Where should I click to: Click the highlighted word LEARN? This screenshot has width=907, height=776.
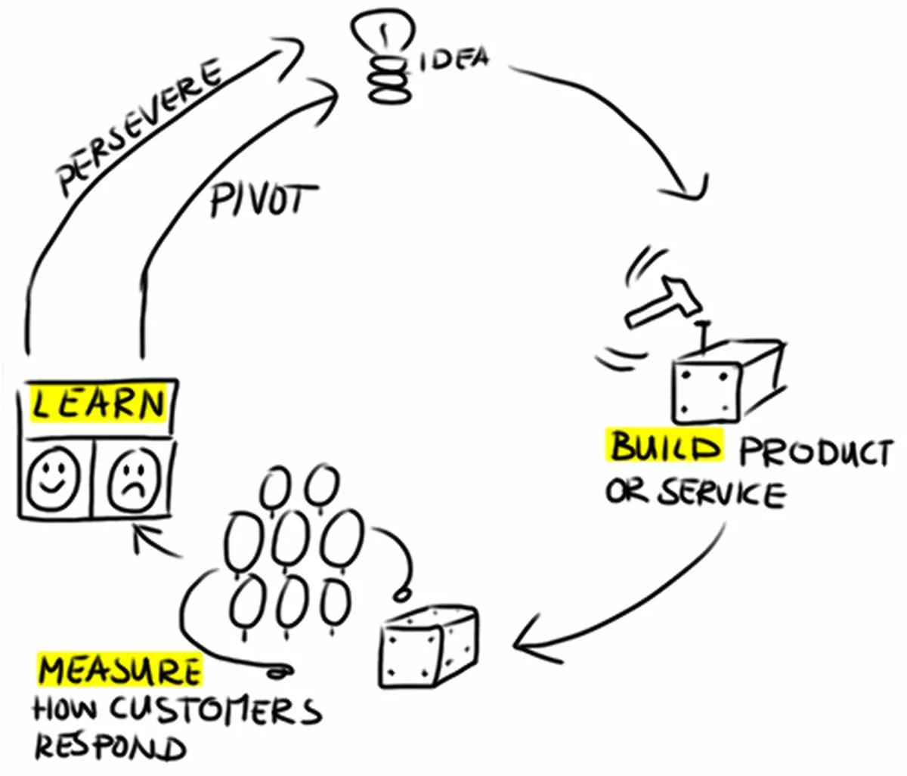98,403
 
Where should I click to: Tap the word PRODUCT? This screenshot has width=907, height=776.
815,453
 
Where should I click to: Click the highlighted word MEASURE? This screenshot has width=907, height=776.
120,670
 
